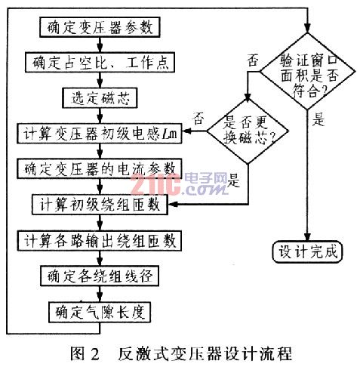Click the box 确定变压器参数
(x=100, y=27)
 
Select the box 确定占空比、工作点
(x=100, y=63)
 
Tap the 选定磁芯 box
(x=100, y=98)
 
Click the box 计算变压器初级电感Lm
(x=100, y=134)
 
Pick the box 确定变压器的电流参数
(x=100, y=168)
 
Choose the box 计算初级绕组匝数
(x=100, y=204)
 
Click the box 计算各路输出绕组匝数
(x=100, y=241)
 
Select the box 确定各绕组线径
(x=100, y=276)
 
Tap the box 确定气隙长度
(x=100, y=312)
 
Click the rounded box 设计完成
(x=308, y=252)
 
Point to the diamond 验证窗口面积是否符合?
(x=307, y=72)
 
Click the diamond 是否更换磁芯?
(x=248, y=131)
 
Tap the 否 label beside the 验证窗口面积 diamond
(x=253, y=60)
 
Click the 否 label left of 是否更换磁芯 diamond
(x=198, y=119)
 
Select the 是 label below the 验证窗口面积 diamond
(x=318, y=119)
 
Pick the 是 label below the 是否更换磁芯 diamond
(x=233, y=180)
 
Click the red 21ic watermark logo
(x=155, y=184)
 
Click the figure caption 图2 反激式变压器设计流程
(x=181, y=353)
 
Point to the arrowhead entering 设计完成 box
(x=307, y=237)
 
